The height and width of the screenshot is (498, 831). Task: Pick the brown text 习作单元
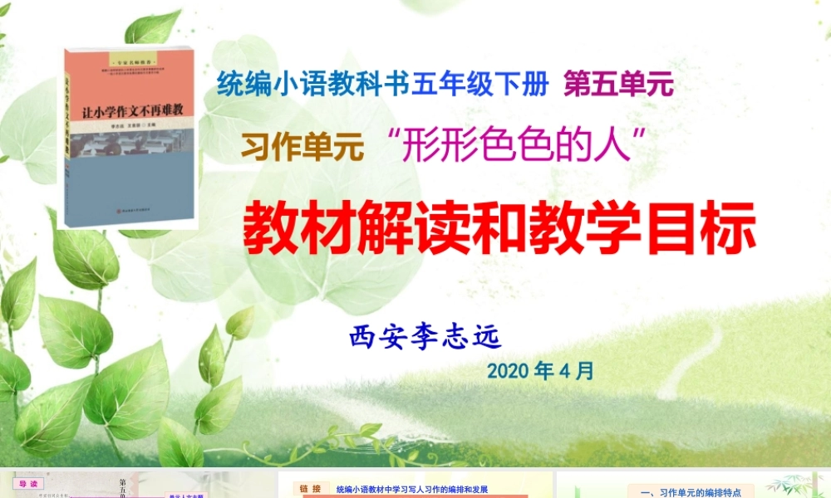pos(303,147)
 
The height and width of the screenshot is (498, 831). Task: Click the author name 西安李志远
pos(427,336)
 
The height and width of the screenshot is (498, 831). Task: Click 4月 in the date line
pos(577,370)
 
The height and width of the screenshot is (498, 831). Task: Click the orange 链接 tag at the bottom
pos(310,489)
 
